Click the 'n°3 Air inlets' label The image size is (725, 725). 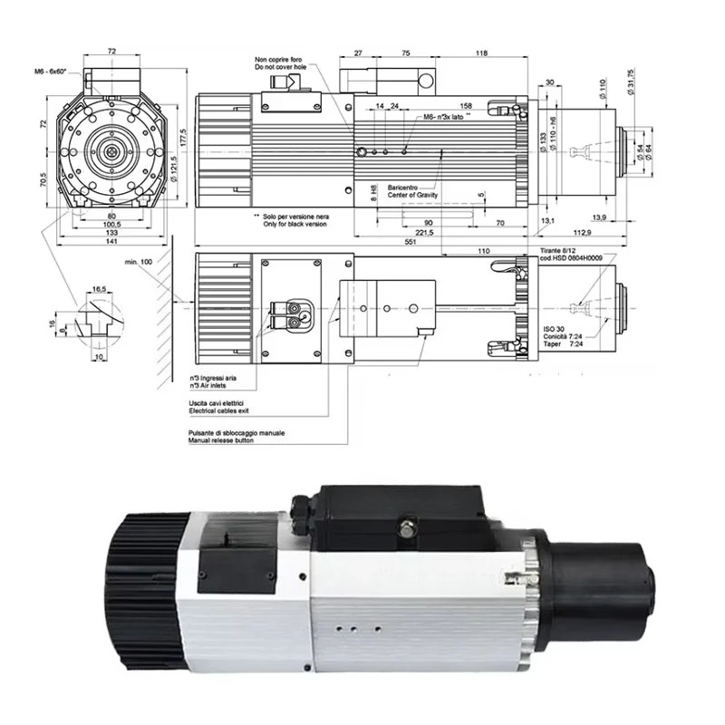[x=207, y=382]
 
